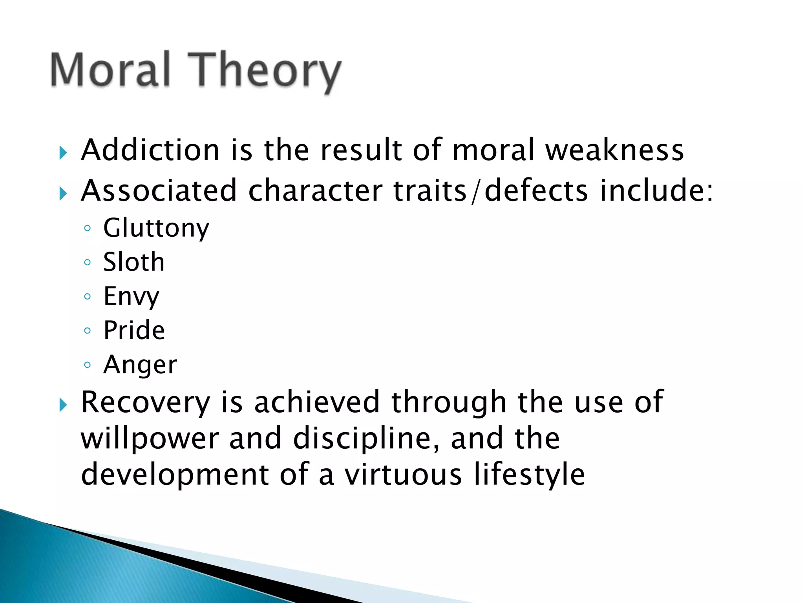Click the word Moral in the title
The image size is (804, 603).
click(x=110, y=70)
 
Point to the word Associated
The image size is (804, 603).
click(x=159, y=191)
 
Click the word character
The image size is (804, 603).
click(x=315, y=191)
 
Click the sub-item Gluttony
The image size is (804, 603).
click(x=156, y=228)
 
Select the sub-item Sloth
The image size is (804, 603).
click(x=134, y=262)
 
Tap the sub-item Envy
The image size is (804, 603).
click(x=131, y=297)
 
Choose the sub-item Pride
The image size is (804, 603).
click(x=134, y=330)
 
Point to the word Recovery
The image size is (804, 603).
click(x=146, y=402)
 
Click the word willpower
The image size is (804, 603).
click(x=150, y=439)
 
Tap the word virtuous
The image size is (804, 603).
click(x=403, y=475)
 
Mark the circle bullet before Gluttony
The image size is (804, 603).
click(x=88, y=228)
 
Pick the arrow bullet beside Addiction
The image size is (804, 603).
click(x=63, y=153)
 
